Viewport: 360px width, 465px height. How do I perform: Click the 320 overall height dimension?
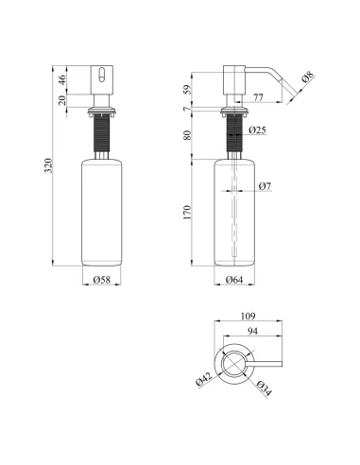pyautogui.click(x=48, y=165)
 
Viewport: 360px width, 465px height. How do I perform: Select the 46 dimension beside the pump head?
pyautogui.click(x=62, y=79)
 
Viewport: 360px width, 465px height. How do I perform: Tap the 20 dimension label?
pyautogui.click(x=62, y=100)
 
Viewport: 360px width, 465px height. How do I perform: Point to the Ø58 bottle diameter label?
pyautogui.click(x=102, y=280)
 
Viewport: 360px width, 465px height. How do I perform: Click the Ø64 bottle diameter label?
pyautogui.click(x=234, y=280)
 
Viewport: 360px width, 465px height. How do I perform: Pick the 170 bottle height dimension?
pyautogui.click(x=187, y=213)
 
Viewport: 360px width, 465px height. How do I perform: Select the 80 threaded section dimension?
pyautogui.click(x=187, y=135)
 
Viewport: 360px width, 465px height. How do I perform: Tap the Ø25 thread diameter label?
pyautogui.click(x=257, y=129)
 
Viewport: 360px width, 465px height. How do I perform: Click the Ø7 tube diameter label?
pyautogui.click(x=265, y=186)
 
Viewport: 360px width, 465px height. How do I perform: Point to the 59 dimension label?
pyautogui.click(x=187, y=90)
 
